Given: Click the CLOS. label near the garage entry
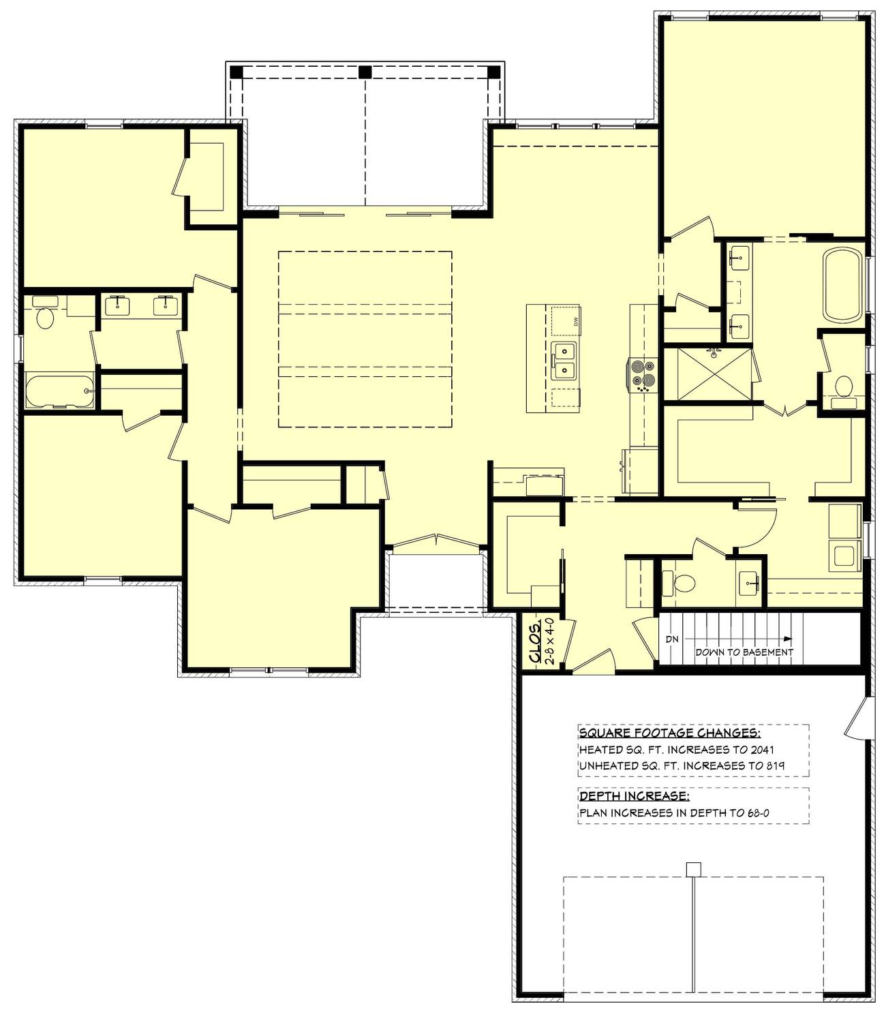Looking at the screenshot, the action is (x=535, y=642).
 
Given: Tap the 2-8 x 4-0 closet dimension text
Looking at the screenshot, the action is (x=549, y=642).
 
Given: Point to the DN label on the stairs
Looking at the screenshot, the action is (x=672, y=639).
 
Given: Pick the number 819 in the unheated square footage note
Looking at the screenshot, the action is (x=776, y=765).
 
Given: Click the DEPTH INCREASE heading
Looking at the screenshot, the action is (x=634, y=796).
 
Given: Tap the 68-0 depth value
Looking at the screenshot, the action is (x=759, y=812).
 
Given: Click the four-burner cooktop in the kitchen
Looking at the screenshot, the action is (x=643, y=374).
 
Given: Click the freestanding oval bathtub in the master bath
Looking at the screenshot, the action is (x=842, y=284).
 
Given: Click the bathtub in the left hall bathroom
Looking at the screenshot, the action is (x=59, y=391).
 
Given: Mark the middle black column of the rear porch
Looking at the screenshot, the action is (x=365, y=72).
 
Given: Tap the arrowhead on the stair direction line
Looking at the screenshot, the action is (x=787, y=639).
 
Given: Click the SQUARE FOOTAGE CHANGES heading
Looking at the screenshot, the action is (x=669, y=733).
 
